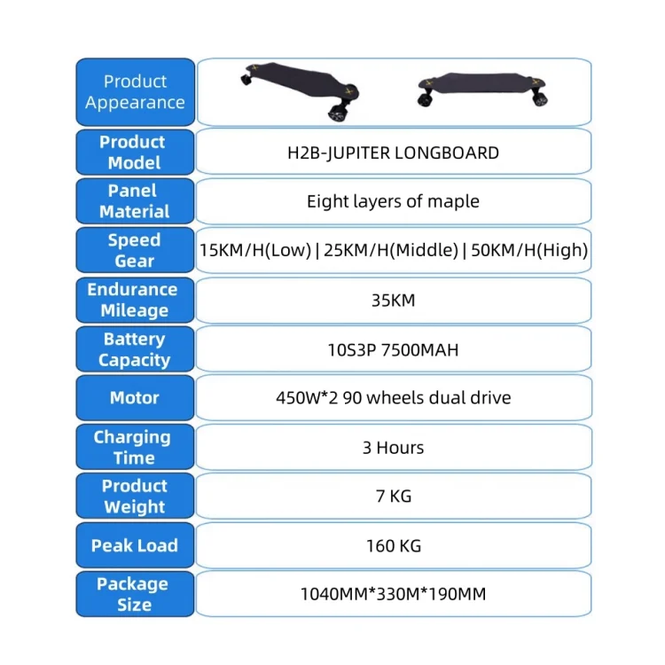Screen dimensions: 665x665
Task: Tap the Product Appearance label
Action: pos(135,92)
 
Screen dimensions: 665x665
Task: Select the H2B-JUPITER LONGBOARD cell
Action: pos(393,153)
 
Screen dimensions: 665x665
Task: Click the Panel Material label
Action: pos(134,201)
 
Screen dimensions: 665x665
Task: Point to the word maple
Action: pos(453,201)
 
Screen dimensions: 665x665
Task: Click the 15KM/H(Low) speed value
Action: pos(255,251)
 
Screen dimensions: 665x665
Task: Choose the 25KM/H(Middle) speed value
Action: pos(390,251)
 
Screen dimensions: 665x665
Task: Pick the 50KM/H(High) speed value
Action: pos(528,251)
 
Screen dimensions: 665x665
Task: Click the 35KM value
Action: pos(393,300)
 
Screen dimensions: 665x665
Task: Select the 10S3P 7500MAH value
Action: pos(393,349)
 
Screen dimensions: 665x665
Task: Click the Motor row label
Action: pos(134,398)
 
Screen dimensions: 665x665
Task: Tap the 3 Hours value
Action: pos(393,448)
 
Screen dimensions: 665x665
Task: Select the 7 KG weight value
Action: pos(393,497)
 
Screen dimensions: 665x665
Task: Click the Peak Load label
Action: pos(134,545)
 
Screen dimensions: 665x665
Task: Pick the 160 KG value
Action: pos(393,545)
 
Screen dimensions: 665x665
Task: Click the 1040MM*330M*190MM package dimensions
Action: pos(393,594)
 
